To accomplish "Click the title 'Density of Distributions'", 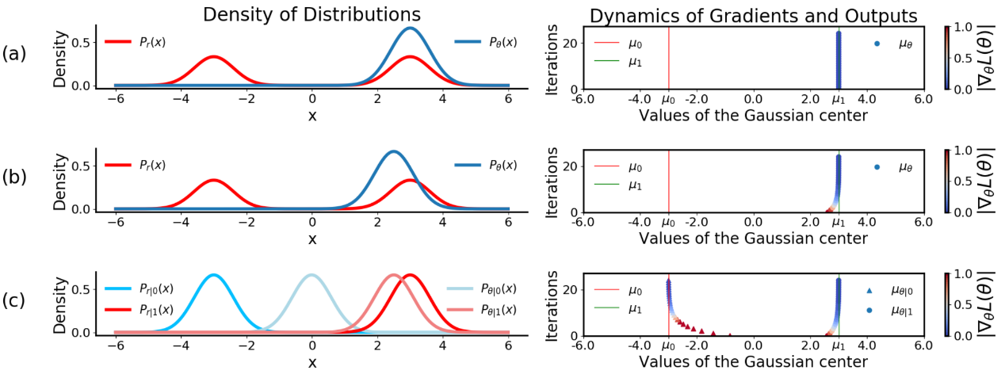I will [x=311, y=15].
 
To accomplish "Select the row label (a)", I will [x=14, y=54].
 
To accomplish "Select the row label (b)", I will [x=14, y=177].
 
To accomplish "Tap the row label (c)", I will [x=14, y=301].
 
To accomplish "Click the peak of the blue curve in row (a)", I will [x=409, y=29].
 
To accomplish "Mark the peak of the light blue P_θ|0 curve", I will [x=311, y=275].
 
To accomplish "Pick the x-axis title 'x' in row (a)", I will [x=311, y=116].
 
